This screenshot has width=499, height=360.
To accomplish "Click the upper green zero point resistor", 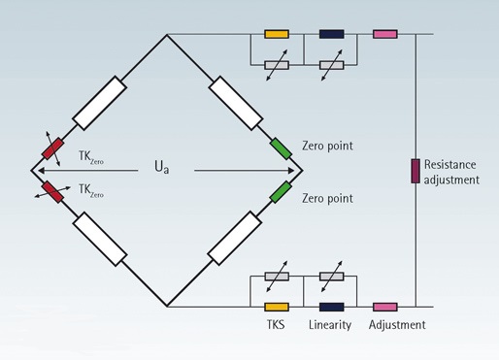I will [281, 147].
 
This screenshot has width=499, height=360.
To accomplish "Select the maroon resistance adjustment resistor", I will [415, 170].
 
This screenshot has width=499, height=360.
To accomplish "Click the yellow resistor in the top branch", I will [276, 35].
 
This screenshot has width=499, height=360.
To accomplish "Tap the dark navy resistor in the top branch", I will [332, 35].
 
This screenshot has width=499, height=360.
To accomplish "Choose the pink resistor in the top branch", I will [384, 35].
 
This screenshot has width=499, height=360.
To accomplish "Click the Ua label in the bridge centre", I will [162, 167].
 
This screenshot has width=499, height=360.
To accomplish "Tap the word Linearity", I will [331, 324].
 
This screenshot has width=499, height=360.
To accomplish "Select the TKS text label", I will [276, 324].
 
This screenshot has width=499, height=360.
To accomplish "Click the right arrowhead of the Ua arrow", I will [296, 169].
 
